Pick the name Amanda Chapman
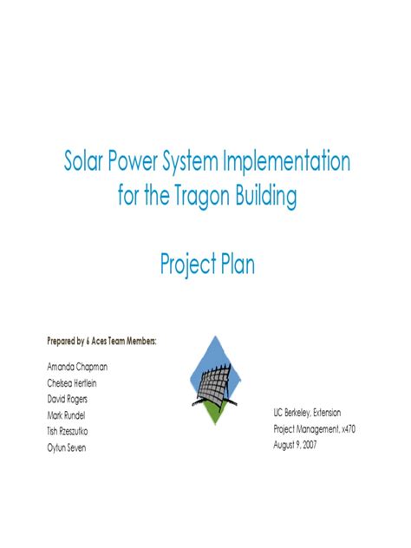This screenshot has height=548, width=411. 76,367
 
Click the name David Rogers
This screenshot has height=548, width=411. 67,399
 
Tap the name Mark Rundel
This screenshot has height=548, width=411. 66,414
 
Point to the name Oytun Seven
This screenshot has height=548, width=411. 67,447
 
